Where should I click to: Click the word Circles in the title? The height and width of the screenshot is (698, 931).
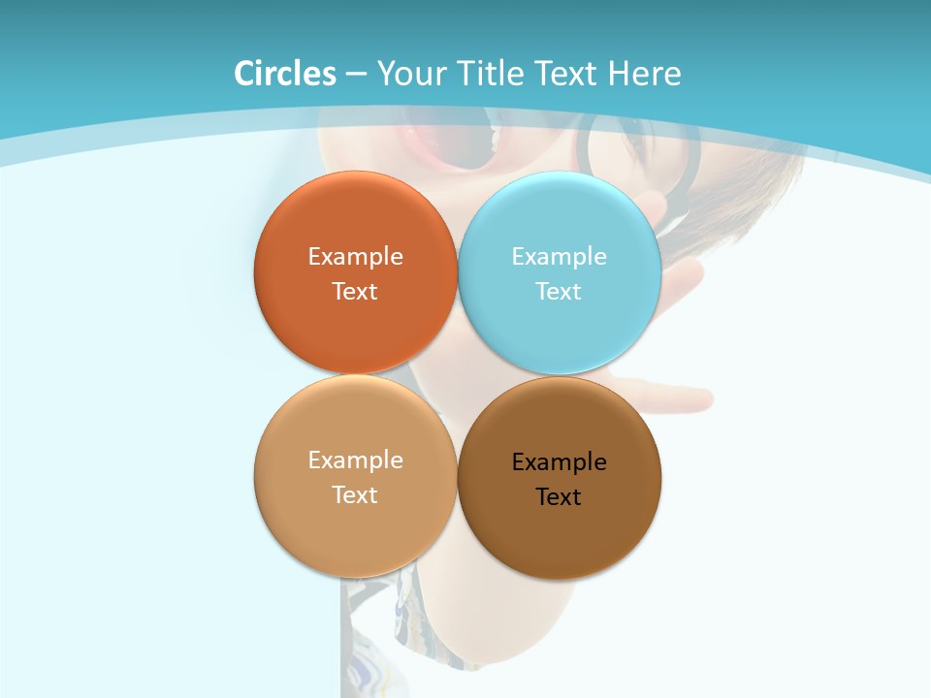coord(285,74)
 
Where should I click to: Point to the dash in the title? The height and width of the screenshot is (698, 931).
coord(356,75)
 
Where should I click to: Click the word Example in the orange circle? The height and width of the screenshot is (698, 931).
coord(355,257)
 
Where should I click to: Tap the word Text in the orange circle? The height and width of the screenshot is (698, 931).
coord(355,292)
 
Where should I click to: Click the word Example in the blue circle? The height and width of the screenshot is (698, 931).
coord(560,257)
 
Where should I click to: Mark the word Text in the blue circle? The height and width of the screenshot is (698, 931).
coord(560,292)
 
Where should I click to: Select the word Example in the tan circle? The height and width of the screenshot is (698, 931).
coord(355,460)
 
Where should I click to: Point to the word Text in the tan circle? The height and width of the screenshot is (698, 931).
coord(355,495)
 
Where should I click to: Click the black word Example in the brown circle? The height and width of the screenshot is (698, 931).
coord(560,462)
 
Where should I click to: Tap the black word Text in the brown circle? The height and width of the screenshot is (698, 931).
coord(560,497)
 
